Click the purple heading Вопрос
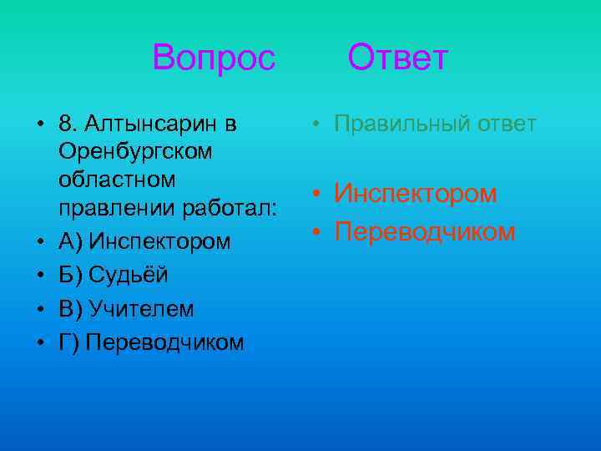point(214,58)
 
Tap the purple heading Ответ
point(398,58)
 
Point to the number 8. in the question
point(68,125)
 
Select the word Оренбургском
point(135,153)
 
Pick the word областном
point(117,180)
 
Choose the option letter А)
point(72,241)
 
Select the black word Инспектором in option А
point(159,241)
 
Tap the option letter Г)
point(69,342)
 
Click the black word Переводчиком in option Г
point(164,342)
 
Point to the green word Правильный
point(403,124)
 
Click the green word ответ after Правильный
point(506,124)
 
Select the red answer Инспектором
point(416,194)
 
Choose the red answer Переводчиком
point(425,231)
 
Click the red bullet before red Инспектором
point(318,195)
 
